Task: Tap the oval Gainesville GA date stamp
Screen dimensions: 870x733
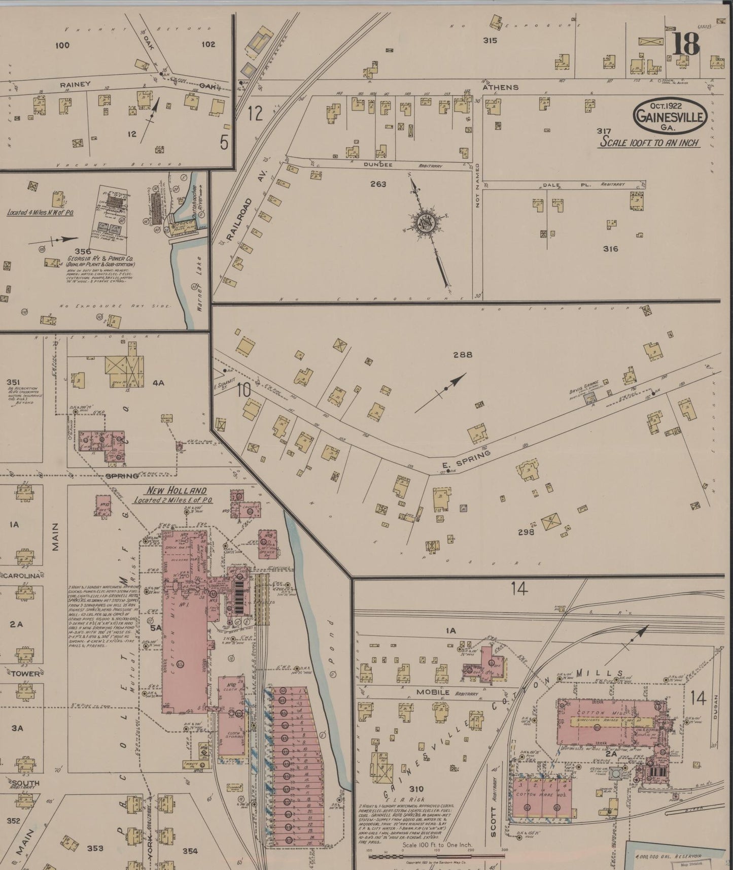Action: click(670, 116)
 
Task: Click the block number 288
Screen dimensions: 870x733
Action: click(463, 355)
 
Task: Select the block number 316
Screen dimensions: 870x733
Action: click(610, 249)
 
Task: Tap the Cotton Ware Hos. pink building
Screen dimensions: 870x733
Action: click(543, 796)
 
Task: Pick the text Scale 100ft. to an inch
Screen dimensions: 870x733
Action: click(650, 142)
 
